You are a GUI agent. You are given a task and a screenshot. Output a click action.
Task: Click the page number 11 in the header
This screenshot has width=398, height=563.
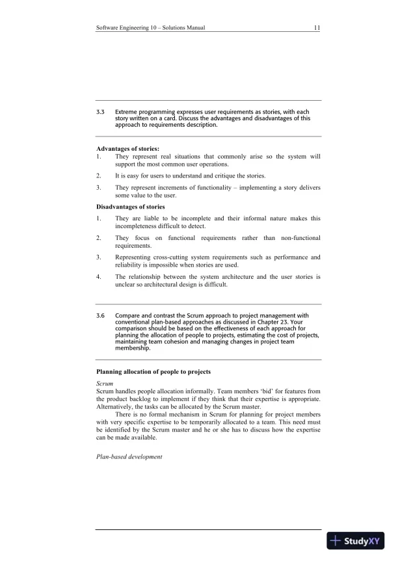point(316,28)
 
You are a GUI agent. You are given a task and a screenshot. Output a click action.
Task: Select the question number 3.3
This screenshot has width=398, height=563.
point(100,112)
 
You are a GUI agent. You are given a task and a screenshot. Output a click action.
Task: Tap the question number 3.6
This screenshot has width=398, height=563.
point(100,315)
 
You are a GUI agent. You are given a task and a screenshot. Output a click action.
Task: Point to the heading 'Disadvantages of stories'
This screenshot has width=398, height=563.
point(131,207)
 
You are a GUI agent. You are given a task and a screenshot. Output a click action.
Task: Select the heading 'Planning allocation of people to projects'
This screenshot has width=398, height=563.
point(153,371)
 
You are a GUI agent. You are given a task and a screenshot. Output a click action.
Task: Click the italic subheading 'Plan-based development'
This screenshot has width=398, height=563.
point(129,457)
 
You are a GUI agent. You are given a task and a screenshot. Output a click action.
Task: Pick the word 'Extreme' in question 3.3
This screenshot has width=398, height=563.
point(129,112)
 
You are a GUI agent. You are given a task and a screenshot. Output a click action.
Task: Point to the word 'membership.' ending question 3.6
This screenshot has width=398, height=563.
point(133,348)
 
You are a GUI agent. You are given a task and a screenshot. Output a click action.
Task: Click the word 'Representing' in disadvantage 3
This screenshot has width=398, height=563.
point(135,257)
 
